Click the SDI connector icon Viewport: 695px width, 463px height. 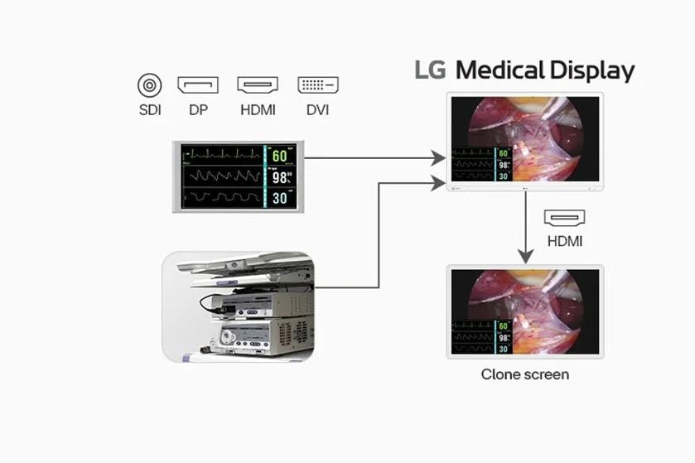tap(150, 84)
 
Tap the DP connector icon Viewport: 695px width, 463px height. tap(198, 84)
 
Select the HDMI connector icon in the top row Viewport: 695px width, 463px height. tap(258, 84)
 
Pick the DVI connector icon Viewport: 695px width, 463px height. tap(318, 84)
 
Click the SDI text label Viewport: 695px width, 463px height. tap(150, 109)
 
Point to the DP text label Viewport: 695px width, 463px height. tap(198, 109)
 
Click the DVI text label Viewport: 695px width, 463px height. tap(318, 109)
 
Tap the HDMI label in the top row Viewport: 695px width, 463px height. tap(258, 109)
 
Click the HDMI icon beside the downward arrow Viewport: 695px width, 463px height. tap(565, 218)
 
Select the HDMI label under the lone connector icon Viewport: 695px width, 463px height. tap(565, 242)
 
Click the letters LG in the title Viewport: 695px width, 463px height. tap(431, 70)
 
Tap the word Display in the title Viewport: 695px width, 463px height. tap(591, 71)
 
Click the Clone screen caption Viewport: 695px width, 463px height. tap(525, 374)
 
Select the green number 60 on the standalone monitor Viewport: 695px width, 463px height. tap(280, 156)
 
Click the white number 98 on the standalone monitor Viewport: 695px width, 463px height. tap(280, 176)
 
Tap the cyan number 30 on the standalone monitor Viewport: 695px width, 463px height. tap(280, 198)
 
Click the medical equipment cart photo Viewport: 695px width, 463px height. tap(239, 306)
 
